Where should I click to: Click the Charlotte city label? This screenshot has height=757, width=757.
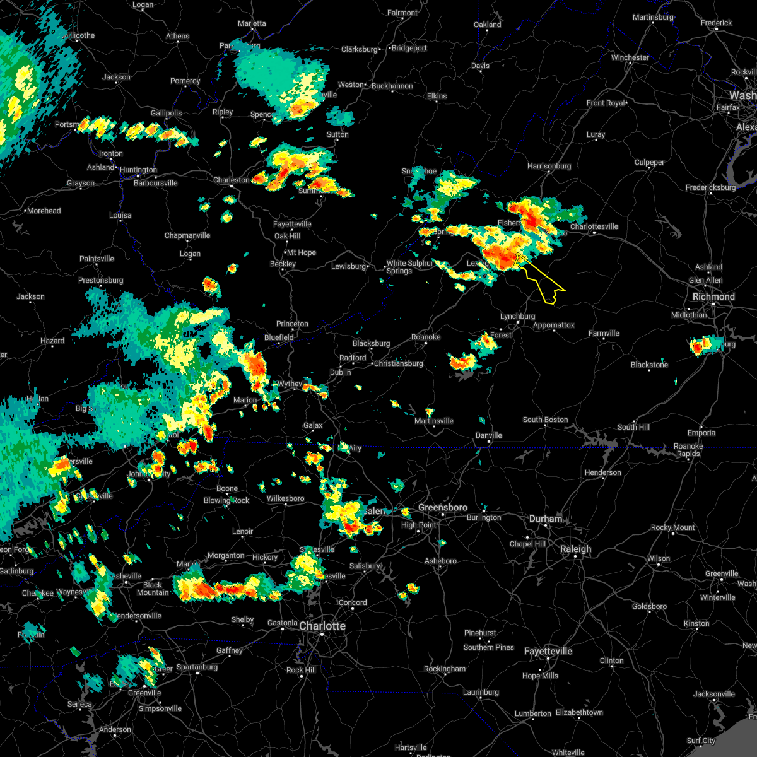coord(322,626)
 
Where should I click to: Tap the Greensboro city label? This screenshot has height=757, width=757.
coord(443,508)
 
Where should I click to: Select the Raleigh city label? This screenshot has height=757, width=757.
coord(576,549)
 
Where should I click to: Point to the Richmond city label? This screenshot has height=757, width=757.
coord(713,296)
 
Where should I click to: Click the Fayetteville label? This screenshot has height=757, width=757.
coord(548,651)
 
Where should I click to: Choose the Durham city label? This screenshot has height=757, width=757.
coord(546,519)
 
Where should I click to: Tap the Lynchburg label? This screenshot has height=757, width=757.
coord(517,316)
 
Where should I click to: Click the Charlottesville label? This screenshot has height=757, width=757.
coord(594,226)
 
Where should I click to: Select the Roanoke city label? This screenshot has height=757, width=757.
coord(426,337)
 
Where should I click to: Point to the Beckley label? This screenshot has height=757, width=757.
coord(283,264)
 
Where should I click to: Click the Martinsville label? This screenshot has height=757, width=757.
coord(434,421)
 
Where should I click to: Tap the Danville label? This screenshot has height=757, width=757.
coord(489,435)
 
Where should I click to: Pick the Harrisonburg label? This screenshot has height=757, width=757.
coord(549,166)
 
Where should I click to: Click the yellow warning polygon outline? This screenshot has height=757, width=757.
coord(540,278)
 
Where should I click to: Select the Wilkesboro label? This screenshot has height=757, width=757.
coord(285,498)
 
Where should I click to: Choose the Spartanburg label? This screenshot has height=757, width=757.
coord(197,667)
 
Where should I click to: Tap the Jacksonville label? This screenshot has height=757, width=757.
coord(714,694)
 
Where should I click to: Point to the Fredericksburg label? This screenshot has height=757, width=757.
coord(710,187)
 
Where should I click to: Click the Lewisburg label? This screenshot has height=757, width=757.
coord(349,266)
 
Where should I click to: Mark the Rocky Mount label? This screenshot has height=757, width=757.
coord(673,527)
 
